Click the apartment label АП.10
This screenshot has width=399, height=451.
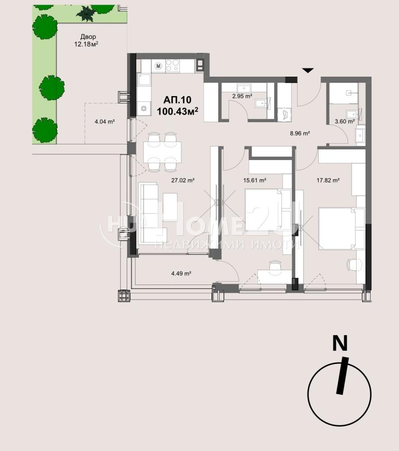tap(177, 100)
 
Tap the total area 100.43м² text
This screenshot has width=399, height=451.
tap(178, 111)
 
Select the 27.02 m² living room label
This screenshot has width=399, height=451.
tap(183, 180)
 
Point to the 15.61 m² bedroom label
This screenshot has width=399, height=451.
tap(254, 180)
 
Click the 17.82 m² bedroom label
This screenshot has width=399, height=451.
tap(328, 180)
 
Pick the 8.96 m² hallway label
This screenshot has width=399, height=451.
tap(300, 133)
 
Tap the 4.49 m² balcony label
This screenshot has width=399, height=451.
tap(181, 273)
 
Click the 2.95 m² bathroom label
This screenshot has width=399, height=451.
tap(242, 96)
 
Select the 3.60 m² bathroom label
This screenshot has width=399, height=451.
tap(344, 121)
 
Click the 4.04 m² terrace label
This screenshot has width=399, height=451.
tap(105, 122)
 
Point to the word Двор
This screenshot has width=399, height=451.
tap(88, 37)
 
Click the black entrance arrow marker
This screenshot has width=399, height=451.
tap(308, 70)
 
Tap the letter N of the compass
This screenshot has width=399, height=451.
tap(340, 343)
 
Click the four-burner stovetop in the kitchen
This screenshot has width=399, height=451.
tap(173, 65)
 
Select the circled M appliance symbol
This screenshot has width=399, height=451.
tap(158, 66)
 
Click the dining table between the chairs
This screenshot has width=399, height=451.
tap(163, 152)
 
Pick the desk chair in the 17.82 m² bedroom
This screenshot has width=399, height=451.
tap(354, 264)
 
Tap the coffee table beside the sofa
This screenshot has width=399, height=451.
tap(170, 207)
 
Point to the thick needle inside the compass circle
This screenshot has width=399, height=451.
tap(342, 376)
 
